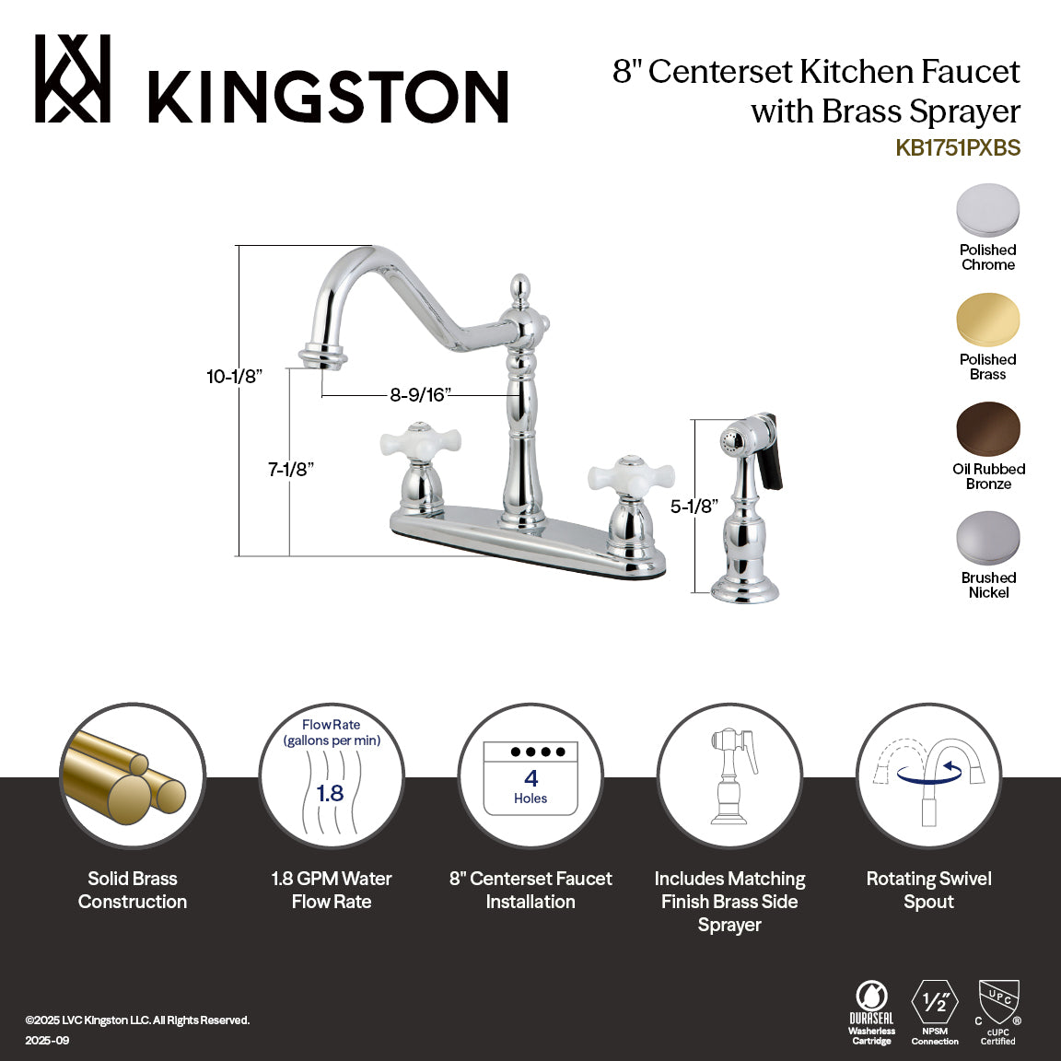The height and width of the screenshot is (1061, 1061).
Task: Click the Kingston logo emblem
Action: coord(73,79)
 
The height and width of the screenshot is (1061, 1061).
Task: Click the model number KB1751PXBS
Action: coord(958,148)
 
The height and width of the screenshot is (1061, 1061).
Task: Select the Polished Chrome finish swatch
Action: coord(987,211)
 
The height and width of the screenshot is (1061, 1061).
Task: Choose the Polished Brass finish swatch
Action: coord(987,321)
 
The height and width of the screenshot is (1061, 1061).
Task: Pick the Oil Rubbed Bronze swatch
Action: coord(987,429)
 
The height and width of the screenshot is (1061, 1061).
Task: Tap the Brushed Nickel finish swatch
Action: coord(987,538)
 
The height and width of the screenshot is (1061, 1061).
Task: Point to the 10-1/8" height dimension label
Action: coord(235,376)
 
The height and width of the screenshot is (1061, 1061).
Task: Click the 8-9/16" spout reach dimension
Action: coord(418,395)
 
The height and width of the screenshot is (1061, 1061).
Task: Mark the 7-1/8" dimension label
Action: coord(291,469)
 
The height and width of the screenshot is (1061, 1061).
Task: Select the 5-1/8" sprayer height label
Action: coord(694,506)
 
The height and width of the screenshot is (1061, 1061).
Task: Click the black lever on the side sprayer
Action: coord(774,451)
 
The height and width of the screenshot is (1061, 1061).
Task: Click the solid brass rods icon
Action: coord(133,775)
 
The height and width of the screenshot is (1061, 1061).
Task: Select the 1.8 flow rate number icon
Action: coord(331,792)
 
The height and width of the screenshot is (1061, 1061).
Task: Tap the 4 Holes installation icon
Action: coord(530,777)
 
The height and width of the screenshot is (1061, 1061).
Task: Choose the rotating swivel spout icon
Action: coord(928,775)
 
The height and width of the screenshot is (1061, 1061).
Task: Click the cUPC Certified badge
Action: coord(997,1011)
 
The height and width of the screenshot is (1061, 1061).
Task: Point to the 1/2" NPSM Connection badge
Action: coord(935,1011)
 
